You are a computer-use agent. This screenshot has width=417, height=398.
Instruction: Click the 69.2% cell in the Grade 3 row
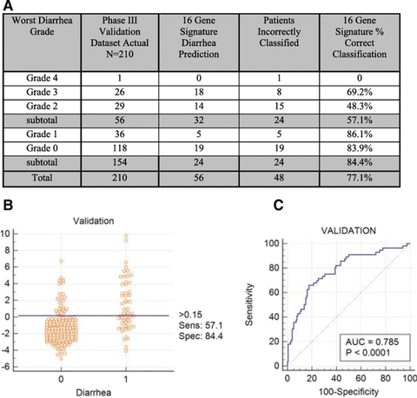360,92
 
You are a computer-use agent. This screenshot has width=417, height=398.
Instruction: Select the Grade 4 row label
42,78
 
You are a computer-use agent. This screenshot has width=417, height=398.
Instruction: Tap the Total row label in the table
42,178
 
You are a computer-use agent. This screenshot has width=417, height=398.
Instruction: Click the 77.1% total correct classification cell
360,178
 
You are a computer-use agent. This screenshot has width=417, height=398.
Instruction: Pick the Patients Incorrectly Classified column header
279,31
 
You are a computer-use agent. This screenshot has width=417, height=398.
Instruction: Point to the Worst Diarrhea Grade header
42,26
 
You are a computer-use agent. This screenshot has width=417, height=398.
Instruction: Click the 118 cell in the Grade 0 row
120,148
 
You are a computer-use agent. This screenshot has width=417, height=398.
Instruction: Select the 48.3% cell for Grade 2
360,106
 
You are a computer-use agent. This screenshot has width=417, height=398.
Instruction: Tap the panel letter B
8,206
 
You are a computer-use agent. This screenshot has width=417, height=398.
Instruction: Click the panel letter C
278,206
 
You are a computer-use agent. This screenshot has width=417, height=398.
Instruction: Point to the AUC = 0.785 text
372,342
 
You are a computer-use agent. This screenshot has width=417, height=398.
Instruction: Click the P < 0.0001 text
367,353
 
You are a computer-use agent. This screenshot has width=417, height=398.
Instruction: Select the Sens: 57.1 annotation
201,325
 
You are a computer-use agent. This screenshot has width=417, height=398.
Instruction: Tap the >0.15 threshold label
190,315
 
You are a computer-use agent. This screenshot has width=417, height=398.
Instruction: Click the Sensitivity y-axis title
249,304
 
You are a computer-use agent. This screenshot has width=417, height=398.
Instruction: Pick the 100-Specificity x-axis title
348,392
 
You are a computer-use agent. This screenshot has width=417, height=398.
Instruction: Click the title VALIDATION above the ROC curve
348,231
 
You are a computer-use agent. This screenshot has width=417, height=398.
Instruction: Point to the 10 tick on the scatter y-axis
5,233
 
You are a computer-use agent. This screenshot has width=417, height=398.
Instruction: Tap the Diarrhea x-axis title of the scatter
94,393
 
